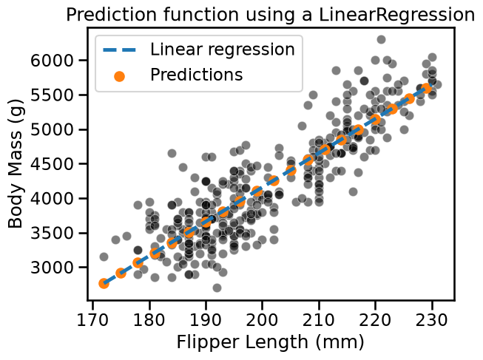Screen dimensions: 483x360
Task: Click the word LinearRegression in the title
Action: [x=396, y=16]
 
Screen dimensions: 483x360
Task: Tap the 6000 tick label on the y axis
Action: [x=52, y=61]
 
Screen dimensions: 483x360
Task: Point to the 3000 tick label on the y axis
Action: [x=52, y=268]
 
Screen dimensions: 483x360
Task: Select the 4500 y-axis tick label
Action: [x=52, y=164]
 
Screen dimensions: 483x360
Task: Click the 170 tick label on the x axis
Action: [x=92, y=319]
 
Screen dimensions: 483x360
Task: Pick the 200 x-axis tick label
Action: [x=262, y=319]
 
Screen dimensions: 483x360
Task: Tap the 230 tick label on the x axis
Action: [x=432, y=319]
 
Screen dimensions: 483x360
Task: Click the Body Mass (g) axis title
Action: [x=16, y=163]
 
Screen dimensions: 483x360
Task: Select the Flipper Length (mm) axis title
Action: [x=270, y=342]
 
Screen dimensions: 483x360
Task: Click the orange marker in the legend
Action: [x=119, y=75]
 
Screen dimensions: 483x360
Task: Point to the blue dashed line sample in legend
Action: [x=119, y=50]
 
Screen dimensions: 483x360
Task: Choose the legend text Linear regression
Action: [x=223, y=50]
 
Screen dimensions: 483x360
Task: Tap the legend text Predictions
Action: [x=197, y=75]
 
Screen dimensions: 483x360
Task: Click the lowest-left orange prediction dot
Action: [x=104, y=284]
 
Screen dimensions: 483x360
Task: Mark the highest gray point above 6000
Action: [x=381, y=39]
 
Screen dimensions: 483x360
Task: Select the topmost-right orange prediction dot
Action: [x=426, y=88]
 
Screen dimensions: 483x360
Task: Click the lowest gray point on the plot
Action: [x=217, y=288]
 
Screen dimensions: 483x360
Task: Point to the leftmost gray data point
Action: [x=104, y=257]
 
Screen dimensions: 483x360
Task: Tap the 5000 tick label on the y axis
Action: [x=52, y=129]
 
